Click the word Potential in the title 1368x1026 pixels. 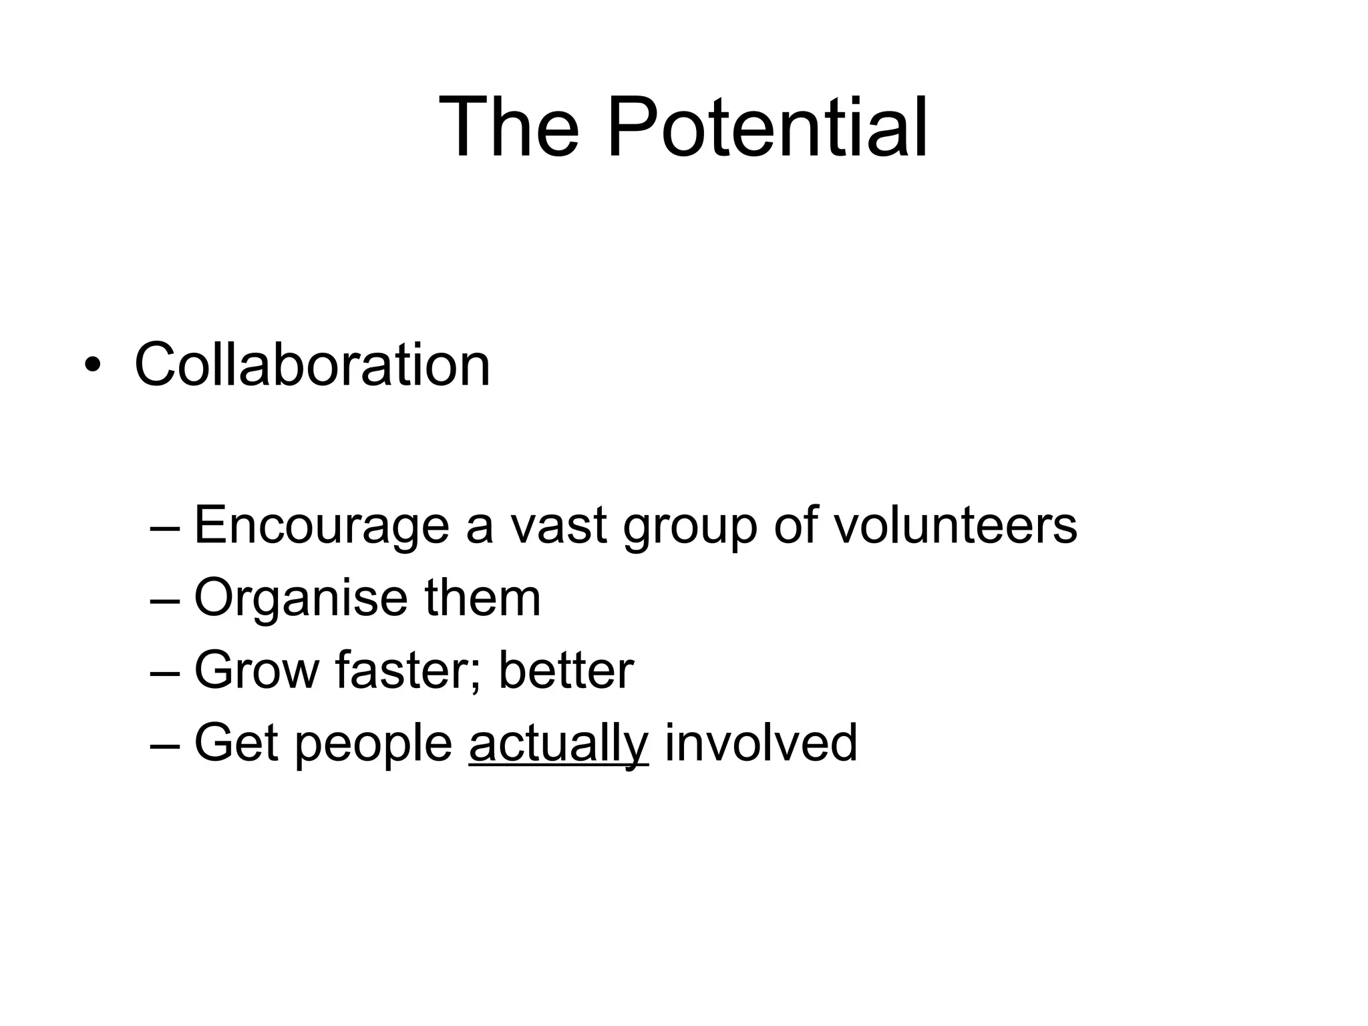coord(767,128)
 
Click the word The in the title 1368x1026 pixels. coord(509,128)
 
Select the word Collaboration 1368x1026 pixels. coord(312,365)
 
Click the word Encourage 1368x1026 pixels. coord(322,526)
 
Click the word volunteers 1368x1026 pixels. coord(955,526)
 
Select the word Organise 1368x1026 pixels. coord(301,598)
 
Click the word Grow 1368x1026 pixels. coord(256,671)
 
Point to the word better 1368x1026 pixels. coord(566,671)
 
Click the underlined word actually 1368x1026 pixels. coord(558,744)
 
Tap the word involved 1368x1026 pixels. coord(761,743)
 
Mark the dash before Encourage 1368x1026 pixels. coord(165,528)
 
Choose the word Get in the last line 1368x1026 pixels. coord(236,743)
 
